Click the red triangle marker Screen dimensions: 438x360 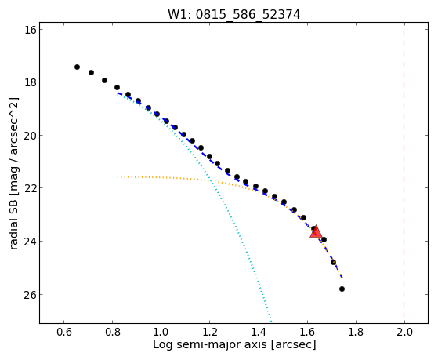(x=316, y=231)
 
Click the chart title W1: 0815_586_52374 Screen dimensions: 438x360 (x=233, y=15)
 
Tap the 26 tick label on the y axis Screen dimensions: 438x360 (x=31, y=295)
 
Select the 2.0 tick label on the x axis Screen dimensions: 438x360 (x=404, y=332)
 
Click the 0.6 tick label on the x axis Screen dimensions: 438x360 (x=64, y=332)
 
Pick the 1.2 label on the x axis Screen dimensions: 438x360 (x=210, y=332)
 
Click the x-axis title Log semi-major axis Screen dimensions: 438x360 (x=210, y=345)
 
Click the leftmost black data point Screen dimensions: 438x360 (x=77, y=67)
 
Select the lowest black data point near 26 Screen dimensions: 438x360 (x=342, y=289)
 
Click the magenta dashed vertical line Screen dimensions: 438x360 (x=404, y=173)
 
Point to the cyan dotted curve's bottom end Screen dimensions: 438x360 (x=271, y=322)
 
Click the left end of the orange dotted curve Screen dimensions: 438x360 (x=118, y=176)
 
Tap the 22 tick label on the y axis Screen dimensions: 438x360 (x=31, y=188)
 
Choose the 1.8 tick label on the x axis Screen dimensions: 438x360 (x=356, y=332)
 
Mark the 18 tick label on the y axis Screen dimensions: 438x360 (x=31, y=82)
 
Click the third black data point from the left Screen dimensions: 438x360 (x=104, y=80)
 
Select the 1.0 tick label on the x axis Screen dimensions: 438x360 (x=161, y=332)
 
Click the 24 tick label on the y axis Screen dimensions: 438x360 (x=31, y=241)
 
